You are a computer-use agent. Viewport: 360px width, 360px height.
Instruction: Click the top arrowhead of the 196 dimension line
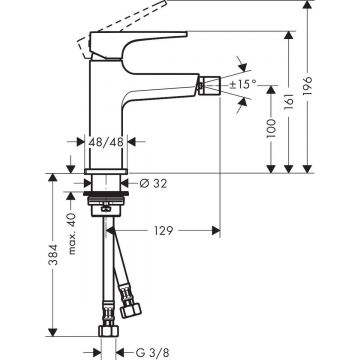tap(326, 7)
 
